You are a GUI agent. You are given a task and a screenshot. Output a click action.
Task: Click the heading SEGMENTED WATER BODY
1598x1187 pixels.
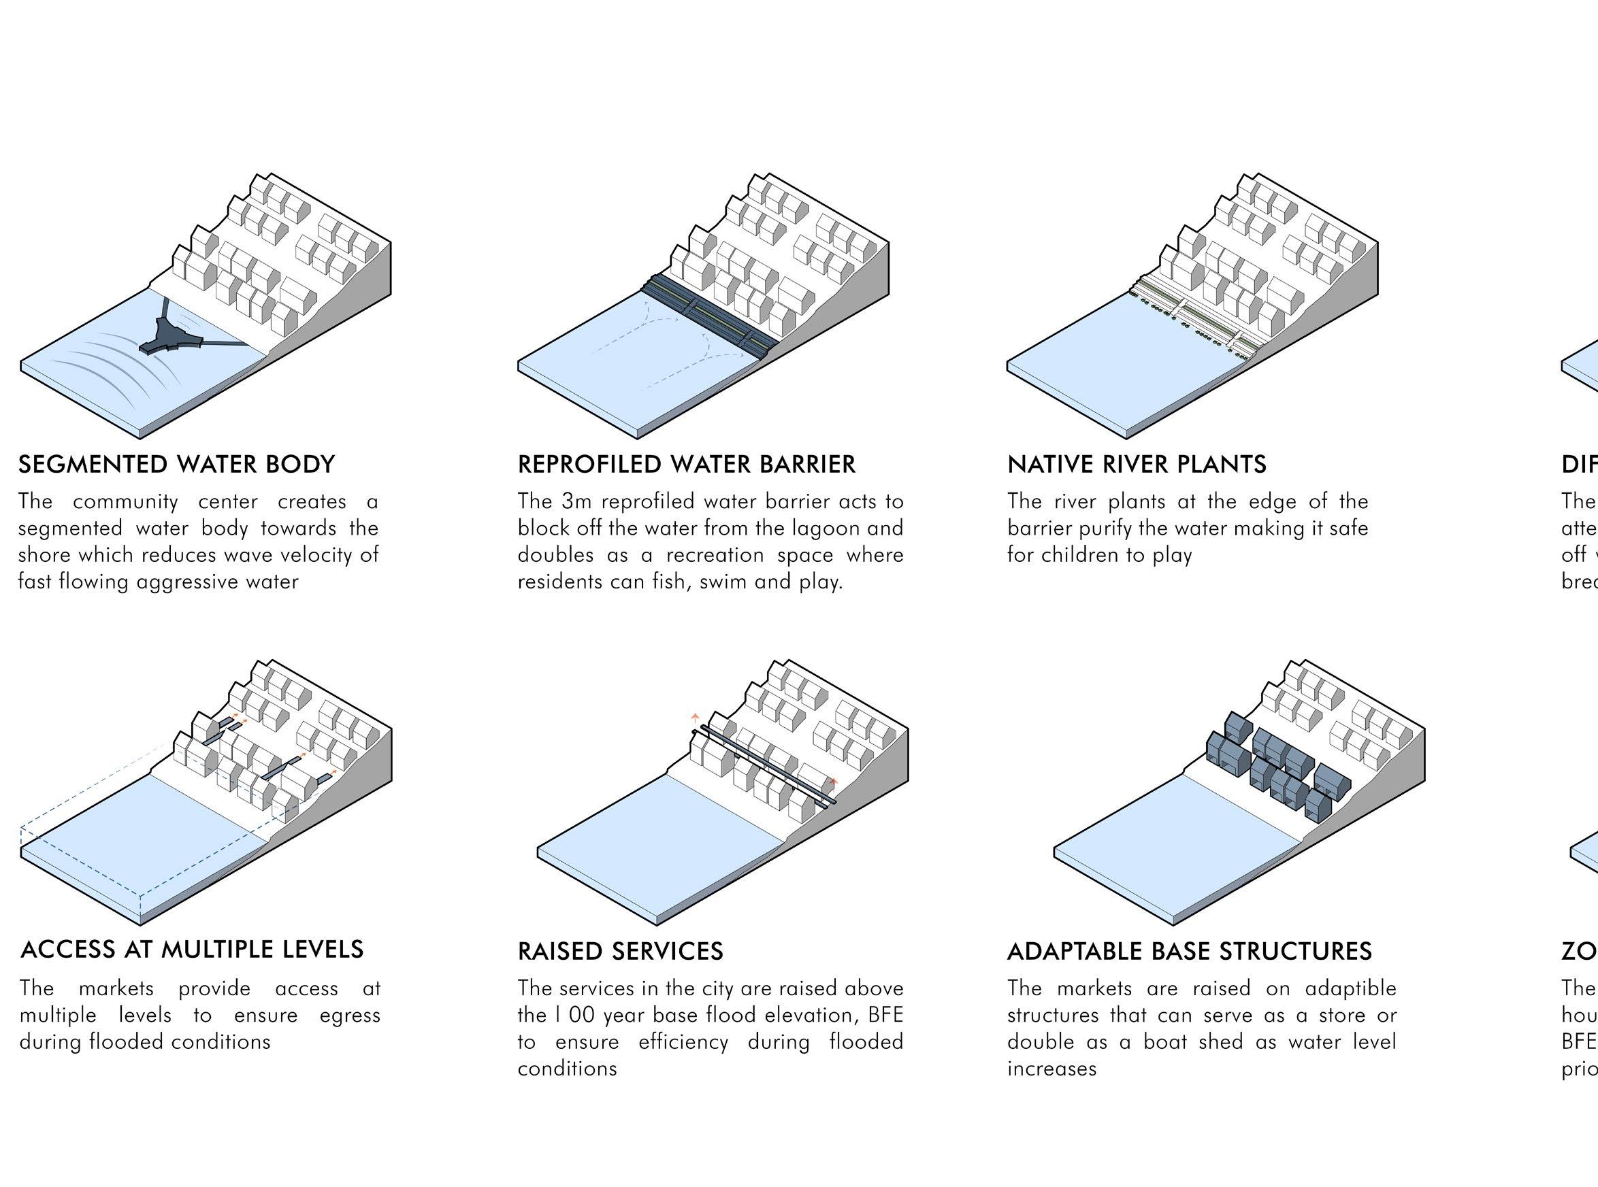tap(176, 464)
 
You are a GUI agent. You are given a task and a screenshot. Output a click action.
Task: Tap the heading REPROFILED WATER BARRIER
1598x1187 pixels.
tap(687, 464)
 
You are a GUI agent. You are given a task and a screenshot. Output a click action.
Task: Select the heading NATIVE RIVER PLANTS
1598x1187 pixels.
tap(1137, 464)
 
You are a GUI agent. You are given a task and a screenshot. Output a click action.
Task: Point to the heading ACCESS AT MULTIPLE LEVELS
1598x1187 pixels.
tap(192, 949)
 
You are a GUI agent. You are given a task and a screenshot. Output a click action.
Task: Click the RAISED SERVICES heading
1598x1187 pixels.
tap(619, 952)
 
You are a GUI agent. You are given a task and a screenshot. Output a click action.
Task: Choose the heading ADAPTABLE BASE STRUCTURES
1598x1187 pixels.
tap(1189, 952)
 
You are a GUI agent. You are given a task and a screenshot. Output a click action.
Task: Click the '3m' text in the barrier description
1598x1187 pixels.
tap(576, 501)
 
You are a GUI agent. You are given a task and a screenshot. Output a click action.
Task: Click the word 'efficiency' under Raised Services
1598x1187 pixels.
tap(683, 1042)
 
